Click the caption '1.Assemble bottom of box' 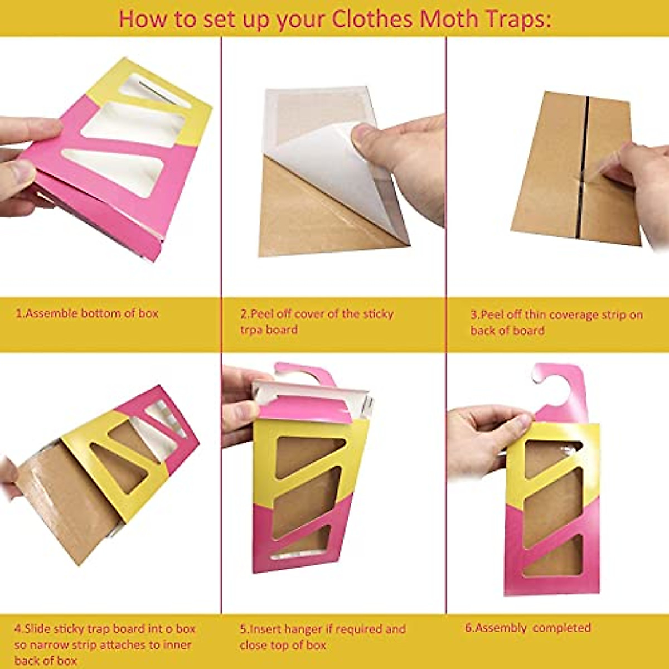tap(86, 313)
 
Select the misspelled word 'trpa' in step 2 tap(252, 329)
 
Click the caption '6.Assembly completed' tap(527, 627)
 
